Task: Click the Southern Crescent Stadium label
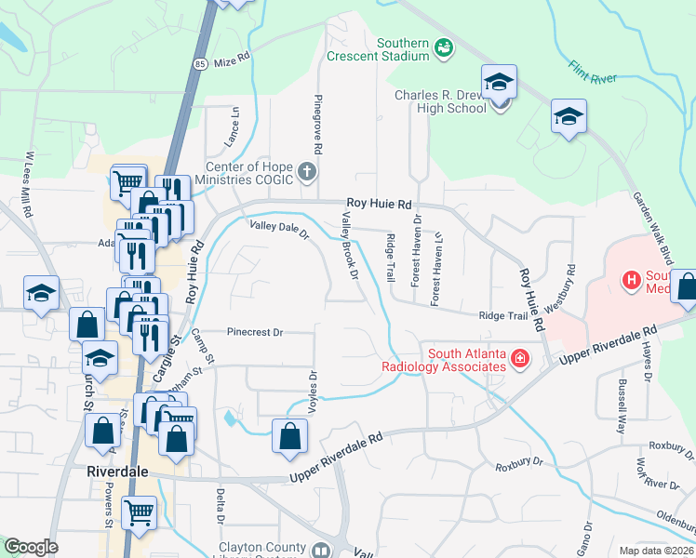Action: click(x=378, y=49)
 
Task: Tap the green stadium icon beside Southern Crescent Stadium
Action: click(x=444, y=47)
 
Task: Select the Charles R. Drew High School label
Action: click(x=441, y=101)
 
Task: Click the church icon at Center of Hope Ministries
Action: click(x=308, y=172)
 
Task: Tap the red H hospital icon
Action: click(x=631, y=278)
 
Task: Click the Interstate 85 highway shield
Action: click(x=201, y=64)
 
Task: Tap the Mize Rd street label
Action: click(x=233, y=59)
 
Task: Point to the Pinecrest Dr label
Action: click(x=255, y=331)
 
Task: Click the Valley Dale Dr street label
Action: click(x=277, y=229)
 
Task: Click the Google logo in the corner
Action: click(x=31, y=547)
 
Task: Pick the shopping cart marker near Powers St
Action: click(x=139, y=511)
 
